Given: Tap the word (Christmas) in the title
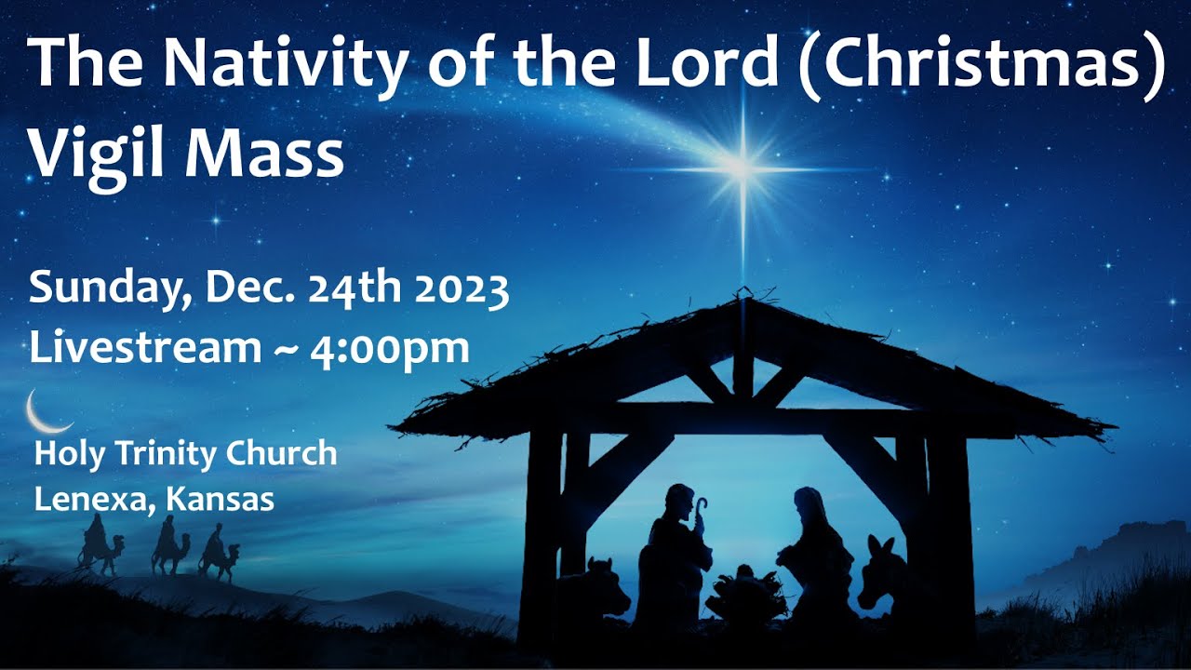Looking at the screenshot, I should click(981, 65).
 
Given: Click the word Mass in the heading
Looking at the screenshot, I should click(264, 155).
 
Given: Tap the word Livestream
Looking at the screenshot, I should click(144, 348).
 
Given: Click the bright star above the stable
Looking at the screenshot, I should click(742, 168).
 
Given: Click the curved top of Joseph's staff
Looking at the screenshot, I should click(700, 505).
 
